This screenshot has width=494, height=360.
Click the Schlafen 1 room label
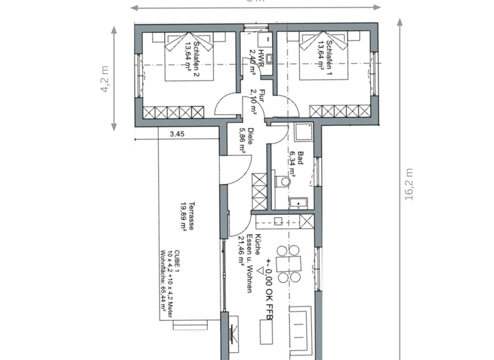(325, 56)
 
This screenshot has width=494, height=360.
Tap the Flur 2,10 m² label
(258, 100)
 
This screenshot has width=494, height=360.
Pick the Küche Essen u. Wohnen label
(248, 264)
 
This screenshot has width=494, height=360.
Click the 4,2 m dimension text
(104, 78)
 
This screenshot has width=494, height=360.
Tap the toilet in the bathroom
(283, 182)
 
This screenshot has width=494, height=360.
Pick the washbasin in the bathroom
(298, 204)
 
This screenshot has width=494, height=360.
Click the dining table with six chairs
(289, 264)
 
